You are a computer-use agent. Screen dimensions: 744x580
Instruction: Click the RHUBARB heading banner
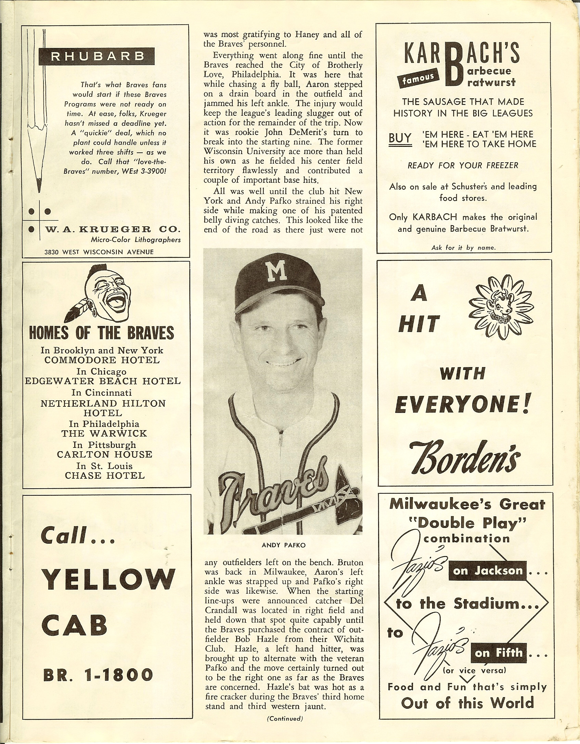97,57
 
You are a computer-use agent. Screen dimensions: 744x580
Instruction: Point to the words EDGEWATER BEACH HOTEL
103,381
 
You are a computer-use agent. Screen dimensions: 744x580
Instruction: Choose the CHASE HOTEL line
105,476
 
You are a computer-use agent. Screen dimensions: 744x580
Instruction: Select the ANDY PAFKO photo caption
283,545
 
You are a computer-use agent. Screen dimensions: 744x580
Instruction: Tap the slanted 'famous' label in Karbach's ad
418,78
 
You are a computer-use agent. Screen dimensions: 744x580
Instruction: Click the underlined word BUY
400,138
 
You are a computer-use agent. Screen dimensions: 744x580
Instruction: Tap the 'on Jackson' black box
487,570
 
